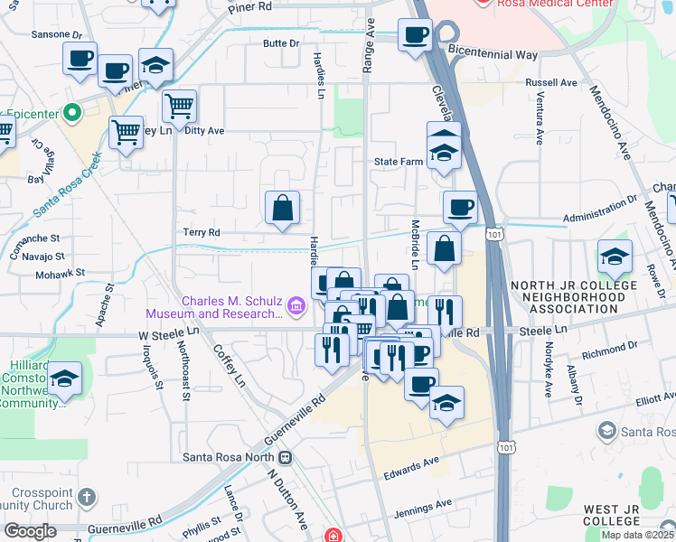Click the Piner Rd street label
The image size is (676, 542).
click(250, 6)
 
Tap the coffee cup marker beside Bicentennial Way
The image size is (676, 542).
click(416, 37)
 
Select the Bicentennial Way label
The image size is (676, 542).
click(493, 55)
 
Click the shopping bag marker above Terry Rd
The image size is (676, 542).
click(283, 209)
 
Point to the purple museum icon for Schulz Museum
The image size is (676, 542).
click(295, 308)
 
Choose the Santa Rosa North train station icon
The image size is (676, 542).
click(286, 457)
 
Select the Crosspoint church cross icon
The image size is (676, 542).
click(86, 497)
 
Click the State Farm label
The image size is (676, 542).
click(399, 162)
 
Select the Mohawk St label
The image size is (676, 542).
click(61, 271)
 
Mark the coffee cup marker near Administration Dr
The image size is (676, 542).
click(460, 209)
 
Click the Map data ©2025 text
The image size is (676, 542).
click(637, 535)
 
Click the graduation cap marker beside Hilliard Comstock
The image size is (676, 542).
click(64, 380)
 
